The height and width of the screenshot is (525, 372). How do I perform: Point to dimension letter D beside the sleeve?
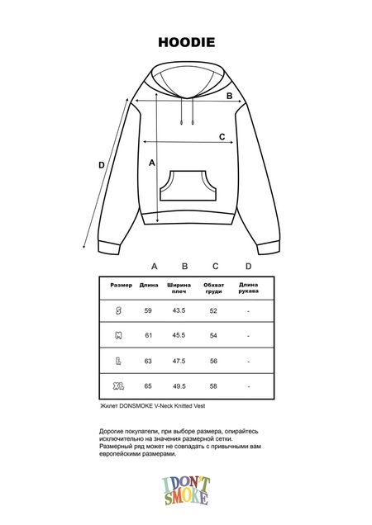[101, 165]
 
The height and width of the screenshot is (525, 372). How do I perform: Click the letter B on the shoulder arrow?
[230, 96]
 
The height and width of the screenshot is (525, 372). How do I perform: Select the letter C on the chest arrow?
[222, 137]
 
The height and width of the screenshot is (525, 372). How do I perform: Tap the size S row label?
[119, 310]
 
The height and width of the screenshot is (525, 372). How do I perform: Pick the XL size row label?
[118, 385]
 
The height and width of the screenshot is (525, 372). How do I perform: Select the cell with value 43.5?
[178, 310]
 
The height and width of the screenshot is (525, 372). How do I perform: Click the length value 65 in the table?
[149, 385]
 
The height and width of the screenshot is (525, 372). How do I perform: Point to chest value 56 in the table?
[213, 361]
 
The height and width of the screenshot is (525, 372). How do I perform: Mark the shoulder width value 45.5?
[178, 335]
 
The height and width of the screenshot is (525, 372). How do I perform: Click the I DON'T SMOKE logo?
[186, 490]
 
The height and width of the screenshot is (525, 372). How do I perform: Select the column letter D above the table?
[248, 266]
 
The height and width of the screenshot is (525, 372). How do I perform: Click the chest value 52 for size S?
[213, 310]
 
